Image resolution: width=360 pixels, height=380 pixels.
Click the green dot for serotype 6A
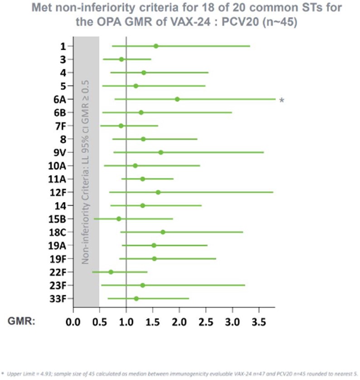[177, 99]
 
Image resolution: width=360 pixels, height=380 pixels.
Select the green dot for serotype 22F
[111, 272]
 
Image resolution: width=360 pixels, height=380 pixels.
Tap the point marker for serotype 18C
[163, 232]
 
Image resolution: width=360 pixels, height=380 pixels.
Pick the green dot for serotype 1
[156, 46]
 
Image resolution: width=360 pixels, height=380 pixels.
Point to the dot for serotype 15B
[119, 219]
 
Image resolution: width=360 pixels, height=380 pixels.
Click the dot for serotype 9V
[161, 152]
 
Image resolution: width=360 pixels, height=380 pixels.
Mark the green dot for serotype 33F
[136, 298]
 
